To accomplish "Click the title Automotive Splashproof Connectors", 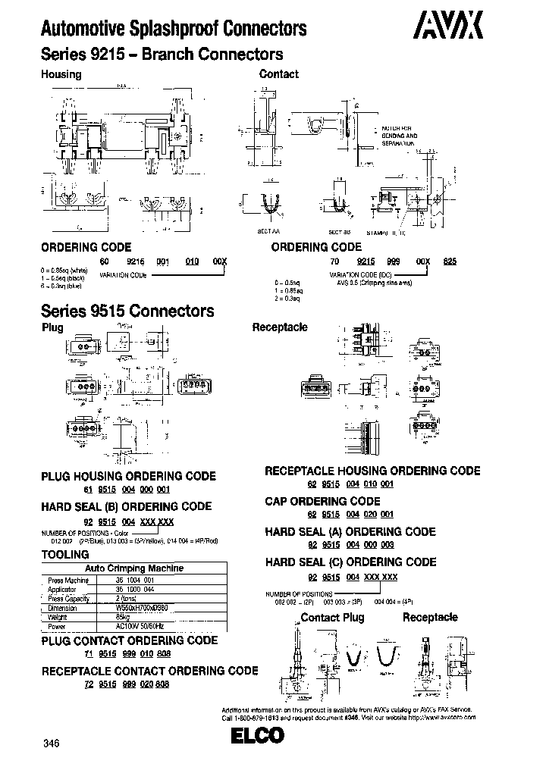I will click(173, 30).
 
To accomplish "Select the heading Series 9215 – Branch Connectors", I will click(162, 55).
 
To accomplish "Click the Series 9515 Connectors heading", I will click(127, 311).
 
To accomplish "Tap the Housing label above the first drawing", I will click(61, 74).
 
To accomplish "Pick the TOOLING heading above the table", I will click(66, 555).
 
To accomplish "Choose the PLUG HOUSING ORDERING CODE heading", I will click(128, 476).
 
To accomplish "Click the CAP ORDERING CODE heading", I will click(322, 501).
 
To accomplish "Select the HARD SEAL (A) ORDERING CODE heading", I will click(350, 532).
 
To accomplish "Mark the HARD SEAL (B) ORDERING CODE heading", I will click(126, 506).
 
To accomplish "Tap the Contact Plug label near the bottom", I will click(332, 617).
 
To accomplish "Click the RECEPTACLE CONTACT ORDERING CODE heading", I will click(149, 671).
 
